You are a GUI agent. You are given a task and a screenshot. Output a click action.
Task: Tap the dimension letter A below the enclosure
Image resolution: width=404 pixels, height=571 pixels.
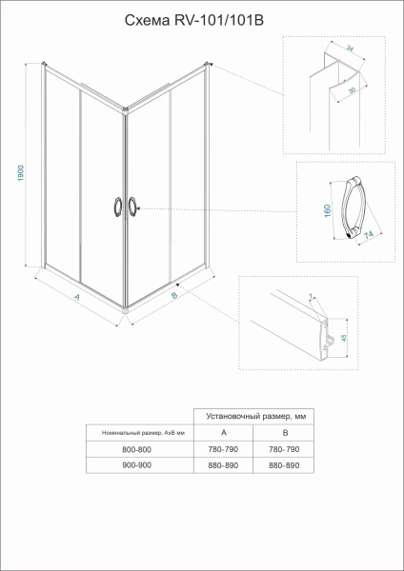coord(76,297)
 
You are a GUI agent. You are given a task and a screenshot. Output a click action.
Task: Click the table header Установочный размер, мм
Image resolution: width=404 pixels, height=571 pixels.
coord(253,416)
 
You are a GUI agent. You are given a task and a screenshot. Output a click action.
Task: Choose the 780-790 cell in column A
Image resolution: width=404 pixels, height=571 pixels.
coord(223,448)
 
